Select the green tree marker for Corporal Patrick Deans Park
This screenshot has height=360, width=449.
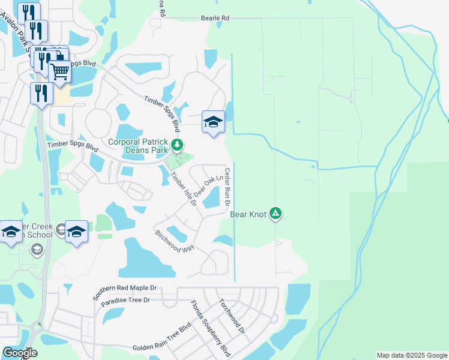(x=177, y=145)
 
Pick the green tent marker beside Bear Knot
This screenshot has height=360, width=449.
(x=276, y=212)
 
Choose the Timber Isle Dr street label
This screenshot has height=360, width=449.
(x=184, y=190)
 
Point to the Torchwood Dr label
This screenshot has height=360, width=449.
(x=232, y=316)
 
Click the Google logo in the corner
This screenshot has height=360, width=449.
(x=20, y=352)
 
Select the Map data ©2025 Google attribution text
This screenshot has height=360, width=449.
(x=412, y=355)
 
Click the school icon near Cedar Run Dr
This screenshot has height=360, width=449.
(x=213, y=122)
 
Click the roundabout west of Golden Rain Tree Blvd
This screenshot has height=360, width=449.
(x=37, y=328)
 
